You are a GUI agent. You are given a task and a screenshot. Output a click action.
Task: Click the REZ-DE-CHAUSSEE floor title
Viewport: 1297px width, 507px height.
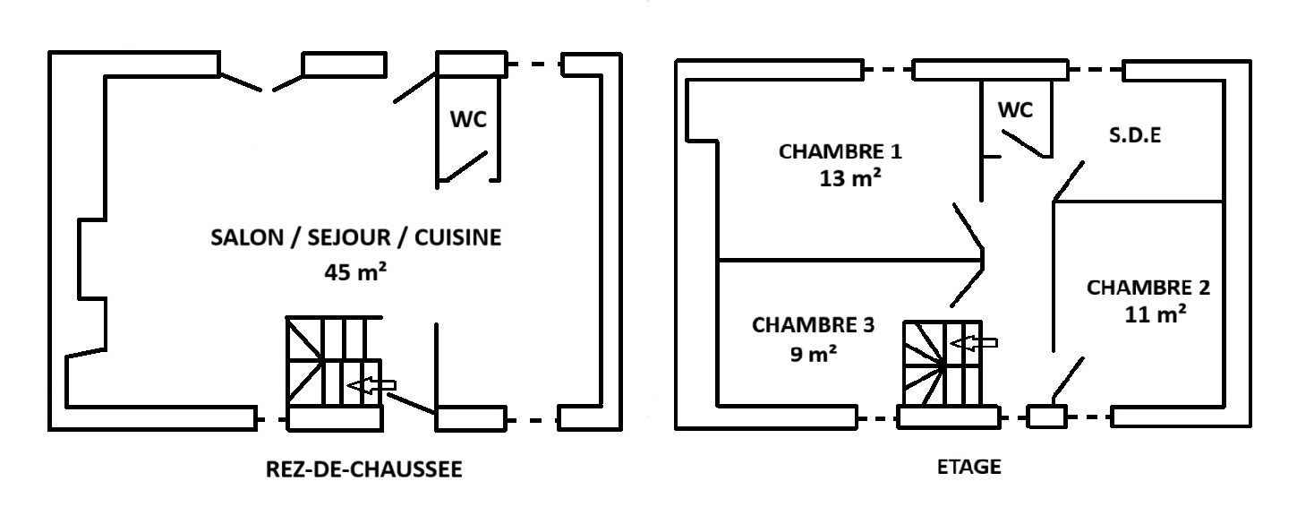coord(364,469)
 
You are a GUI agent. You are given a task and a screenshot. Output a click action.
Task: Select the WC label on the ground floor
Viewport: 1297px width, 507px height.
coord(468,119)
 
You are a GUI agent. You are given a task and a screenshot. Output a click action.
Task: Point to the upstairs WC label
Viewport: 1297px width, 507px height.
coord(1015,110)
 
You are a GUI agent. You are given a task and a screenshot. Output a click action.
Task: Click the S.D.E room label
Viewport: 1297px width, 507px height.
coord(1135,137)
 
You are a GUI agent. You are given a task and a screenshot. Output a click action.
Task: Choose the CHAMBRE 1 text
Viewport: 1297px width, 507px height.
coord(840,150)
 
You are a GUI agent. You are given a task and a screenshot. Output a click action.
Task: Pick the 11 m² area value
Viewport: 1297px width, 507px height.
coord(1156,314)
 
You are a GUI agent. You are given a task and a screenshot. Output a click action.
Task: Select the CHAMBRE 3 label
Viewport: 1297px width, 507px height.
coord(813,325)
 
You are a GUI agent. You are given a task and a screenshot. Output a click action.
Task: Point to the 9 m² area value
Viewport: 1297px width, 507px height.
coord(814,354)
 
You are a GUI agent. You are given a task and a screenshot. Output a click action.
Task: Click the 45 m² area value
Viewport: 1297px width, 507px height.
coord(355,271)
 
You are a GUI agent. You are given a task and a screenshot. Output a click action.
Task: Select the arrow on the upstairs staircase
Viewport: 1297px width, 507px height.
coord(973,342)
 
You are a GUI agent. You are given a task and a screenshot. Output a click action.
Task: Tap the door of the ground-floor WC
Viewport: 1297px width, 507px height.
coord(463,167)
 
